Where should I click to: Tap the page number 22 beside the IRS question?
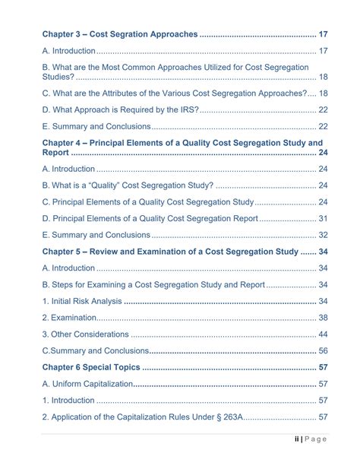[x=323, y=109]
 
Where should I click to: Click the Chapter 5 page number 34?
[x=323, y=252]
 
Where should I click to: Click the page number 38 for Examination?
[x=323, y=318]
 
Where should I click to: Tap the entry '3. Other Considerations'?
[x=85, y=334]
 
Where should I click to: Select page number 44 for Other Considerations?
[x=323, y=334]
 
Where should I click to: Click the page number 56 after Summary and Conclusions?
[x=323, y=350]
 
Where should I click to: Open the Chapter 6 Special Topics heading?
[x=90, y=367]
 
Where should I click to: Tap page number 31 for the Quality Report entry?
[x=323, y=218]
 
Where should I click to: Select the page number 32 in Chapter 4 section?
[x=323, y=235]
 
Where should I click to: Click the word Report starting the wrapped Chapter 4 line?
[x=55, y=153]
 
